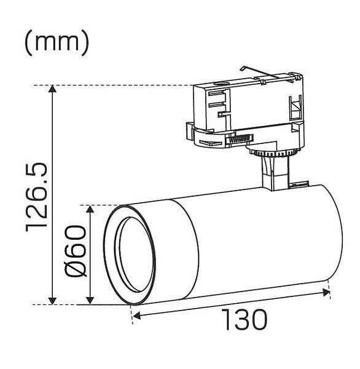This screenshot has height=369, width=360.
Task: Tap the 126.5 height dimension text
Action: point(37,197)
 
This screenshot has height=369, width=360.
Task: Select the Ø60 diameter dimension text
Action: point(75,251)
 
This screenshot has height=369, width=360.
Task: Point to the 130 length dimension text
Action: point(245,320)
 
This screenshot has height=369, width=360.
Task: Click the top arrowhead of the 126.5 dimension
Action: point(52,89)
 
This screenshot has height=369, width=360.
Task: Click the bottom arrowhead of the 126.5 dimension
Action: point(52,301)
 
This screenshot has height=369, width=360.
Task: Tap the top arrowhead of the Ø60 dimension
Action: point(90,209)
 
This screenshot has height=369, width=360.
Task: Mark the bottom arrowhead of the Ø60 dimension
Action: point(90,301)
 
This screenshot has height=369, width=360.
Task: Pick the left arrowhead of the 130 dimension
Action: point(136,315)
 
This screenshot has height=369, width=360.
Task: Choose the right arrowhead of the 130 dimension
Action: point(326,293)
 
